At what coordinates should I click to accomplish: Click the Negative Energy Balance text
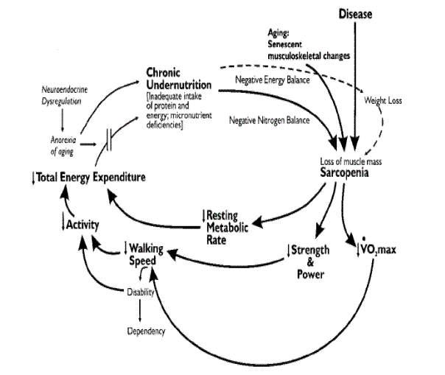click(273, 80)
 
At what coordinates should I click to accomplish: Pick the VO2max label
click(379, 250)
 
